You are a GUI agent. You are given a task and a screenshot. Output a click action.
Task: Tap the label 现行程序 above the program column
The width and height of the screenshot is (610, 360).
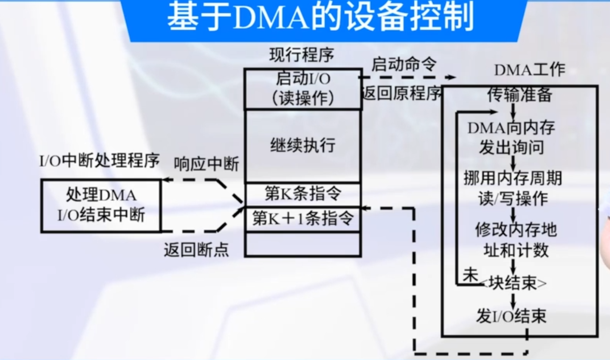(x=301, y=55)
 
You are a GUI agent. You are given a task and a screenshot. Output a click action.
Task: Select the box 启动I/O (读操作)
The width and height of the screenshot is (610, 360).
(x=303, y=89)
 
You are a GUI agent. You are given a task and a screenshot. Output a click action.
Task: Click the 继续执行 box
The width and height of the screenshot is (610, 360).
(x=303, y=146)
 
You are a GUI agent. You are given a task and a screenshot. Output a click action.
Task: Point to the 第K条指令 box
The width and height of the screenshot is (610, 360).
(x=303, y=194)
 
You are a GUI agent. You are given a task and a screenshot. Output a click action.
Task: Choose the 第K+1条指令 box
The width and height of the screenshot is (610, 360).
(x=303, y=219)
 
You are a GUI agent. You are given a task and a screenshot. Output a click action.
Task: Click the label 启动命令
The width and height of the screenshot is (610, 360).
(x=404, y=65)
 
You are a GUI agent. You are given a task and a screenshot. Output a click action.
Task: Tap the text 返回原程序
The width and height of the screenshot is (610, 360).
(x=402, y=93)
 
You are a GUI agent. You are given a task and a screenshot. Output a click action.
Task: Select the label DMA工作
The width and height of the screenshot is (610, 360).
(x=529, y=70)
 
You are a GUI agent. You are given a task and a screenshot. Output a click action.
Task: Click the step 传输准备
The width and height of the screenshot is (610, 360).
(x=519, y=94)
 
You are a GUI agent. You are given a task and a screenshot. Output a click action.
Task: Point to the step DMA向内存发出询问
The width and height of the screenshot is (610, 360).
(x=511, y=138)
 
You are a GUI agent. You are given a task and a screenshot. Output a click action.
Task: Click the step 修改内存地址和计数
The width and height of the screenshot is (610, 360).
(x=516, y=240)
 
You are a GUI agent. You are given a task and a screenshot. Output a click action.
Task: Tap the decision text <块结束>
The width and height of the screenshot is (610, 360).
(x=514, y=283)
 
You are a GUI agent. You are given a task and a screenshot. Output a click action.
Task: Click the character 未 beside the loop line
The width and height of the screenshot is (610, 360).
(x=470, y=275)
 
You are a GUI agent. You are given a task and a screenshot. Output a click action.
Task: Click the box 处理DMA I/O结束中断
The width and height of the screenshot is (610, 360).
(x=101, y=206)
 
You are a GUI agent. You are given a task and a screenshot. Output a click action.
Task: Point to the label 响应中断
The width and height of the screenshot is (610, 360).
(x=206, y=164)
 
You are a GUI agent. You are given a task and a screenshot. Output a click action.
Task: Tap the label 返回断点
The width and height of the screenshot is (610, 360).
(x=196, y=250)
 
